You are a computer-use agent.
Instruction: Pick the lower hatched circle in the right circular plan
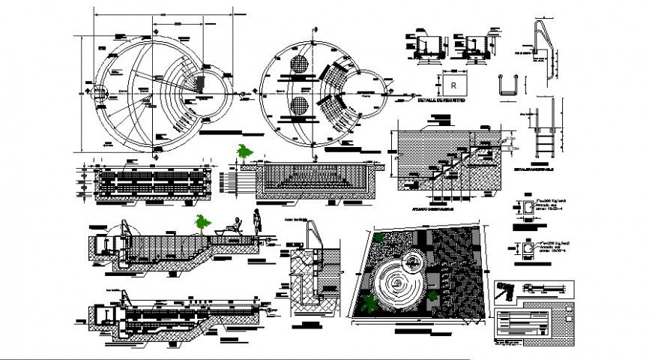pos(299,106)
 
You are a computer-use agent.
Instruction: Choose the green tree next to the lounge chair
pos(201,222)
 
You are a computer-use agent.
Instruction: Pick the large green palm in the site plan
pos(370,304)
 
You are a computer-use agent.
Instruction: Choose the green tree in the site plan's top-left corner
pos(379,237)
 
